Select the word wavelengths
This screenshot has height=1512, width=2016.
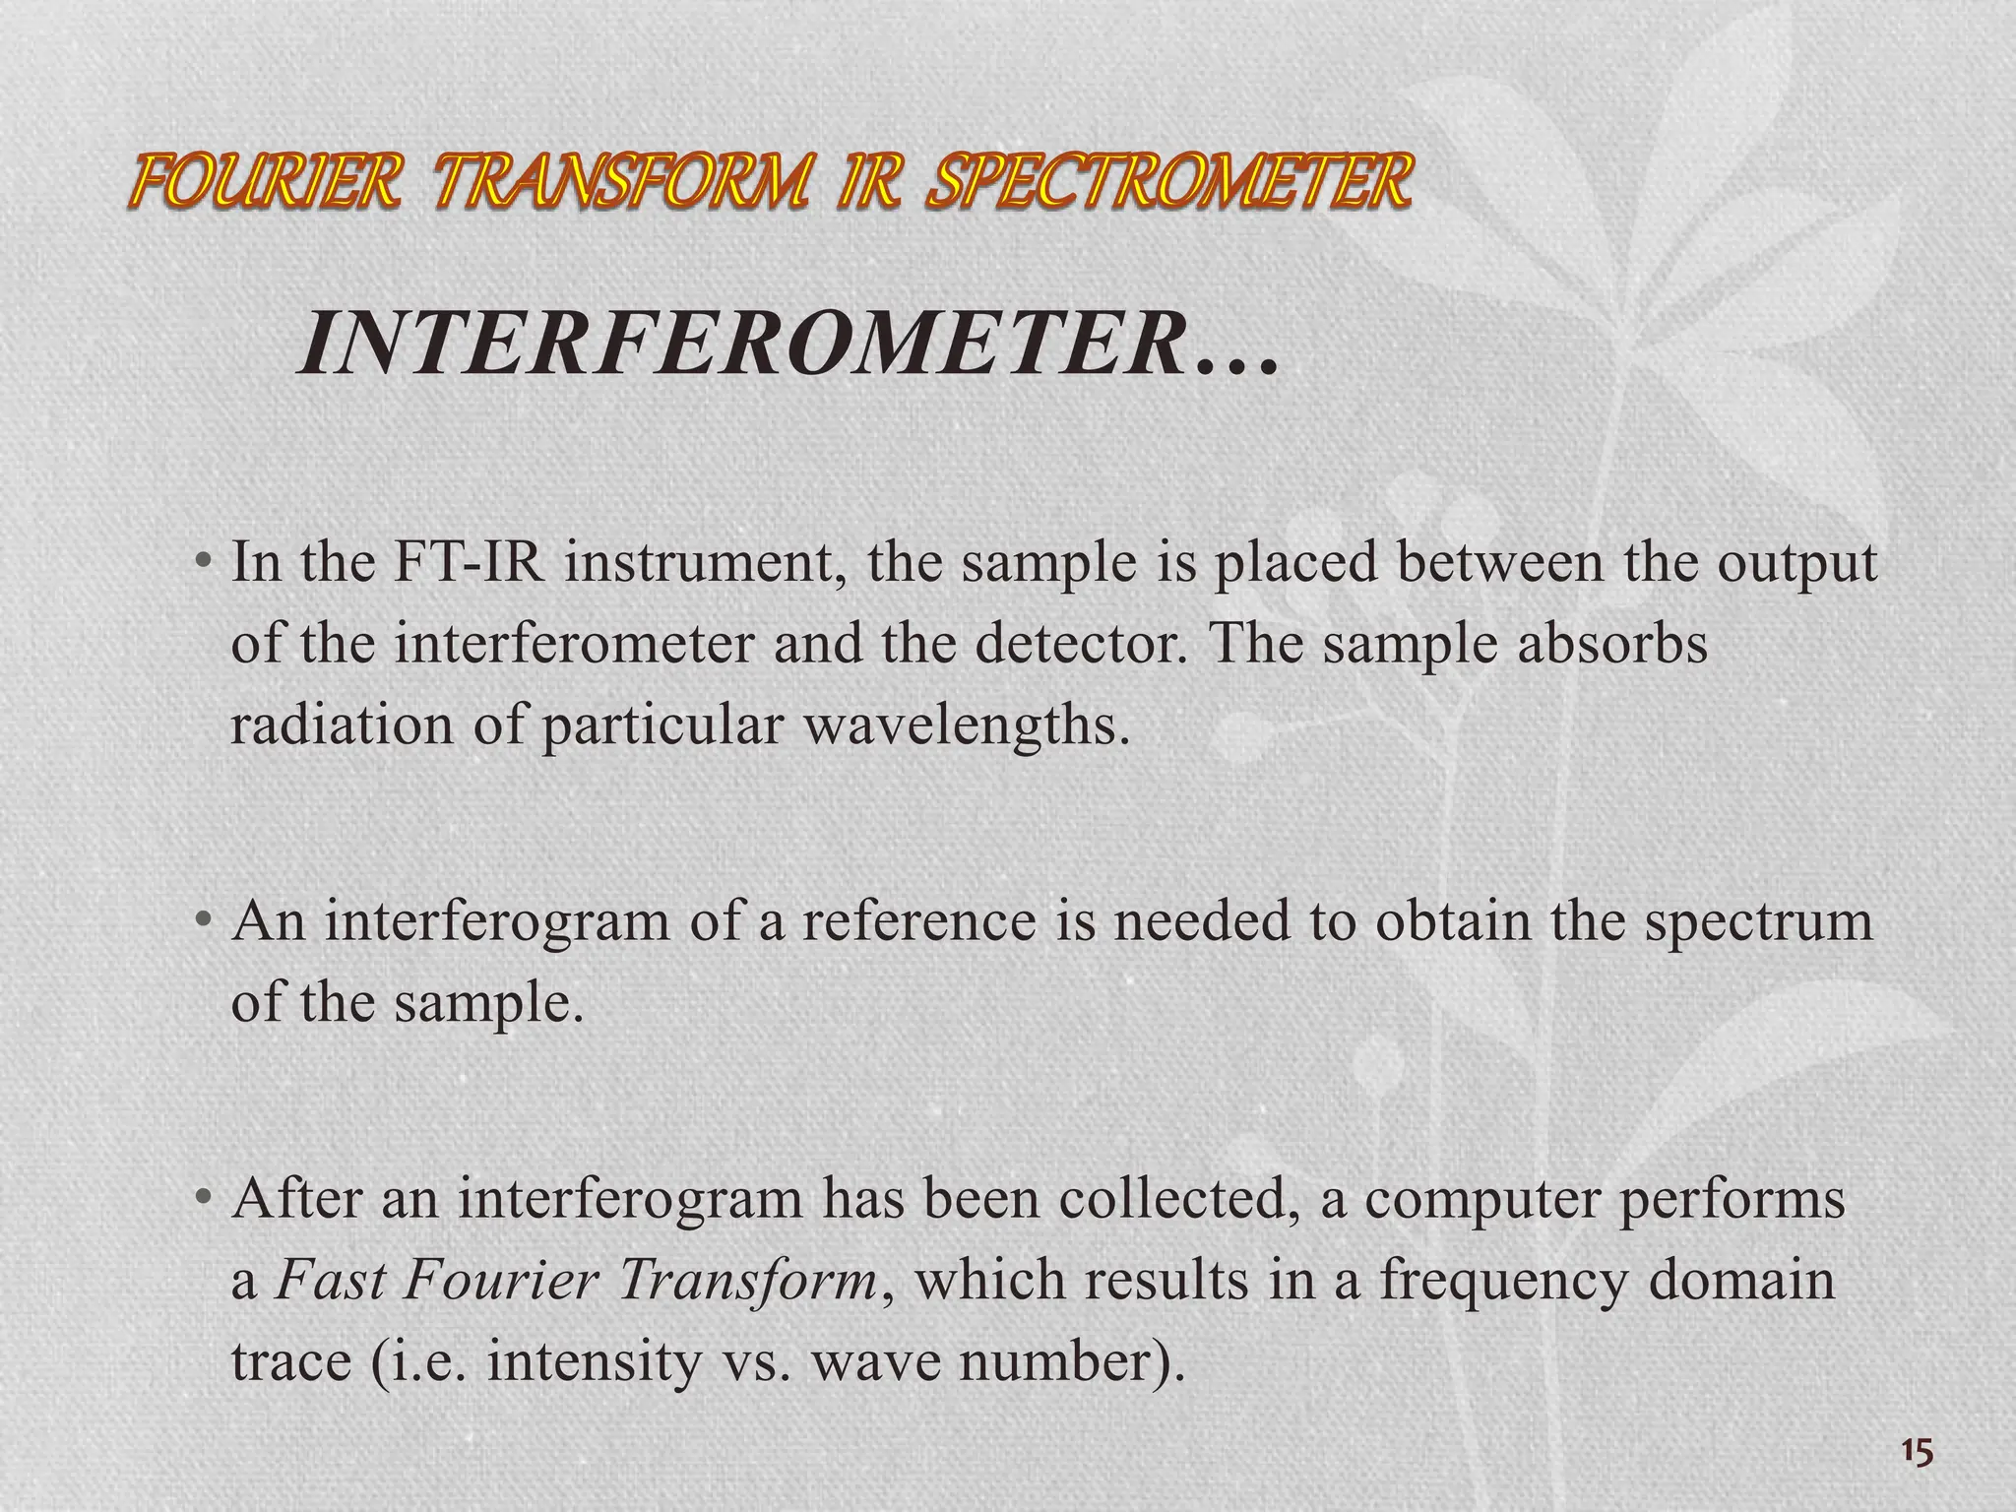(x=966, y=726)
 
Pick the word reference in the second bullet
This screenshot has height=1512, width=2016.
(x=918, y=921)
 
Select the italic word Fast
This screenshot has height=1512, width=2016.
(x=331, y=1281)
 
